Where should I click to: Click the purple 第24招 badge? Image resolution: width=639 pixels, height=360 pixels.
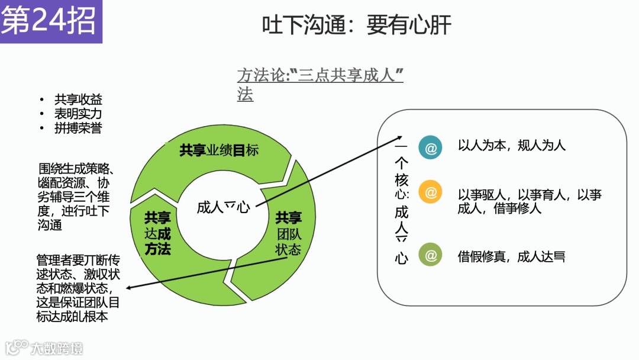pos(50,21)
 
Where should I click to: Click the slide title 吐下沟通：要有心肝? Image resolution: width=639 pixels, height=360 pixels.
pos(356,25)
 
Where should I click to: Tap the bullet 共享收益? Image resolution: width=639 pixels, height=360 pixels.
pos(78,100)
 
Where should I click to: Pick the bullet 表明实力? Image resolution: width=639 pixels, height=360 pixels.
pos(78,114)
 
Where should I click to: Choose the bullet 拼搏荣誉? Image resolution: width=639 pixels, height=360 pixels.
pos(78,128)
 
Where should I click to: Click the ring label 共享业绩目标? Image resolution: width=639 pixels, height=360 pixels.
pos(219,150)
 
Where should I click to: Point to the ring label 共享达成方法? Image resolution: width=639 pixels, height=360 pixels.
pos(157,233)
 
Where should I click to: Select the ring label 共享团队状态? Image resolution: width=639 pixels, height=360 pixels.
pos(288,233)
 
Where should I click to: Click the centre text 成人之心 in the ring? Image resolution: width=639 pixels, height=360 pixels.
pos(223,207)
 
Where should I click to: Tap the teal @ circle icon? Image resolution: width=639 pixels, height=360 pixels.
pos(430,148)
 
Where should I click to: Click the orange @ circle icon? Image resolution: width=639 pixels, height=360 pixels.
pos(430,192)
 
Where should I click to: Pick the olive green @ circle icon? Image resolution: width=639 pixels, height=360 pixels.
pos(430,255)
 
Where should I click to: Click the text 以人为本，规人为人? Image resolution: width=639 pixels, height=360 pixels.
pos(512,146)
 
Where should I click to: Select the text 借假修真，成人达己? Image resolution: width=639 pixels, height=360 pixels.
pos(512,256)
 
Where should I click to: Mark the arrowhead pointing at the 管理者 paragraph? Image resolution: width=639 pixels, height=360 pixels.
pos(128,288)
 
